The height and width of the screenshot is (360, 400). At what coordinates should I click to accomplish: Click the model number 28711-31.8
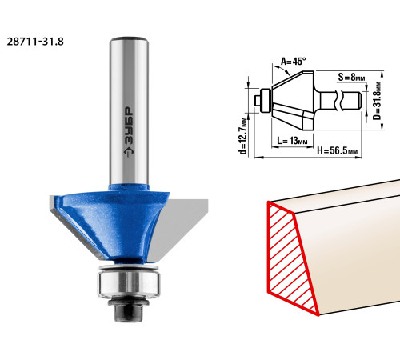coord(35,42)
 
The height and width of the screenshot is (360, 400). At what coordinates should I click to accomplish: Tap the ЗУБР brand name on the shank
coord(129,126)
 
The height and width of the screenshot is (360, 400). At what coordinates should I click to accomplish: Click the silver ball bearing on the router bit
coord(129,284)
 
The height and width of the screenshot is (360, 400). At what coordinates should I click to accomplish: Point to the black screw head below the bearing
coord(128,310)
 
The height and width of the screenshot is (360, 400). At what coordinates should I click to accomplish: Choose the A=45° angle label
coord(294,62)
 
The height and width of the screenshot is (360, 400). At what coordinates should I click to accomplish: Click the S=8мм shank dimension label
coord(351,78)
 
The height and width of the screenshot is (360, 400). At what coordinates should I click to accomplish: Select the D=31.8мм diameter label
coord(377,101)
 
